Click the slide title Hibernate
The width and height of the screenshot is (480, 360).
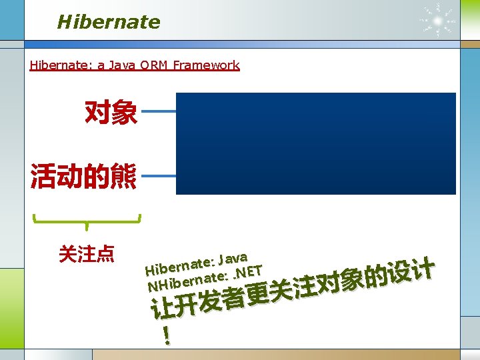[x=109, y=22]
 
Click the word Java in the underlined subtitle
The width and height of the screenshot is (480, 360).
[x=127, y=65]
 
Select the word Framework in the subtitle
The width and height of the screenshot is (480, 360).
[x=205, y=65]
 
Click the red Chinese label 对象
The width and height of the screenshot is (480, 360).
[x=111, y=113]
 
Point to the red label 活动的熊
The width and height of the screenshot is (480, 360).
[x=83, y=177]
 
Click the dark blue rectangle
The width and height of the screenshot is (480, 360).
[x=315, y=143]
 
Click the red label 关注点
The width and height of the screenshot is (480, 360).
[x=87, y=254]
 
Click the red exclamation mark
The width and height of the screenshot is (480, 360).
[x=165, y=335]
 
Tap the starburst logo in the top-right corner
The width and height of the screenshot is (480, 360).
[x=438, y=20]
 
